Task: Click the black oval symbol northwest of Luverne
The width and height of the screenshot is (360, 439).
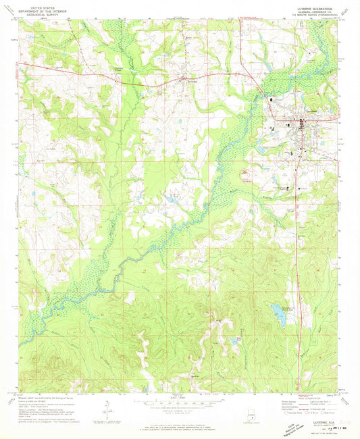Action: (x=272, y=100)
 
